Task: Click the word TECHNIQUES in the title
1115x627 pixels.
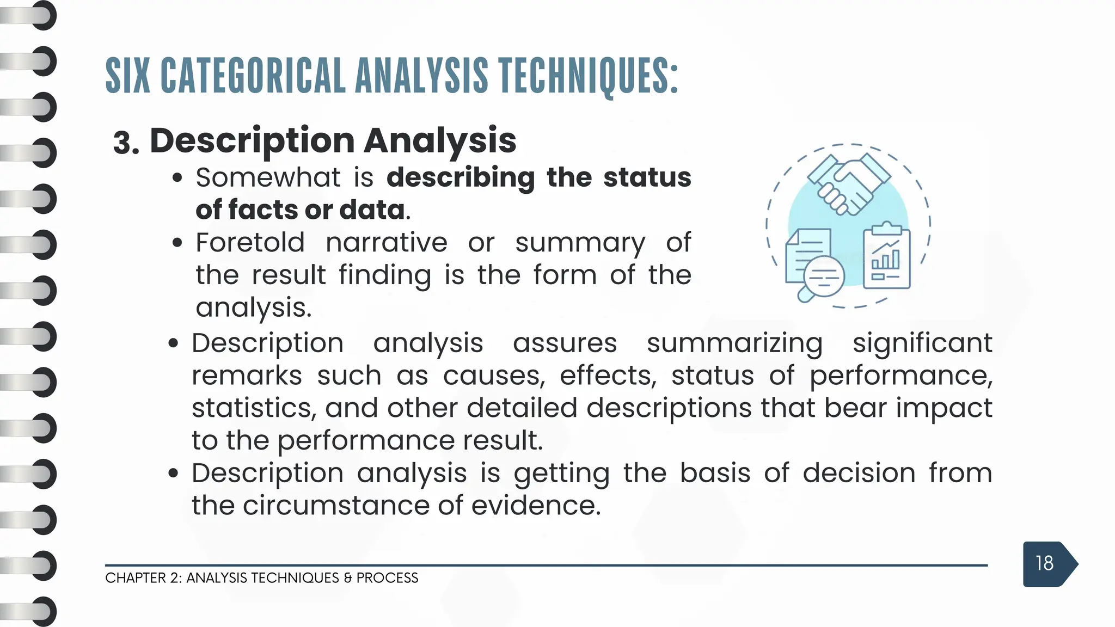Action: click(x=588, y=76)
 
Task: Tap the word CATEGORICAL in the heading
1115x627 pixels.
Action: click(x=253, y=76)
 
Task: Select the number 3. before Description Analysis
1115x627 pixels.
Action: click(x=126, y=144)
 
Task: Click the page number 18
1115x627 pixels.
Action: click(x=1044, y=563)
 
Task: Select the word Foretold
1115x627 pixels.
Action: click(x=250, y=243)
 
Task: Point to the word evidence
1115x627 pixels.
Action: click(x=536, y=506)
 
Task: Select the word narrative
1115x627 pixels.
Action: click(x=387, y=243)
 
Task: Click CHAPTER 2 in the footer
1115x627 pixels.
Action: click(x=142, y=578)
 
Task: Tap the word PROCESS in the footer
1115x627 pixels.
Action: click(x=387, y=578)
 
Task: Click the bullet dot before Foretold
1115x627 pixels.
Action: click(x=176, y=243)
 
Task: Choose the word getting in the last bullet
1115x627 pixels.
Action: click(x=561, y=474)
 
